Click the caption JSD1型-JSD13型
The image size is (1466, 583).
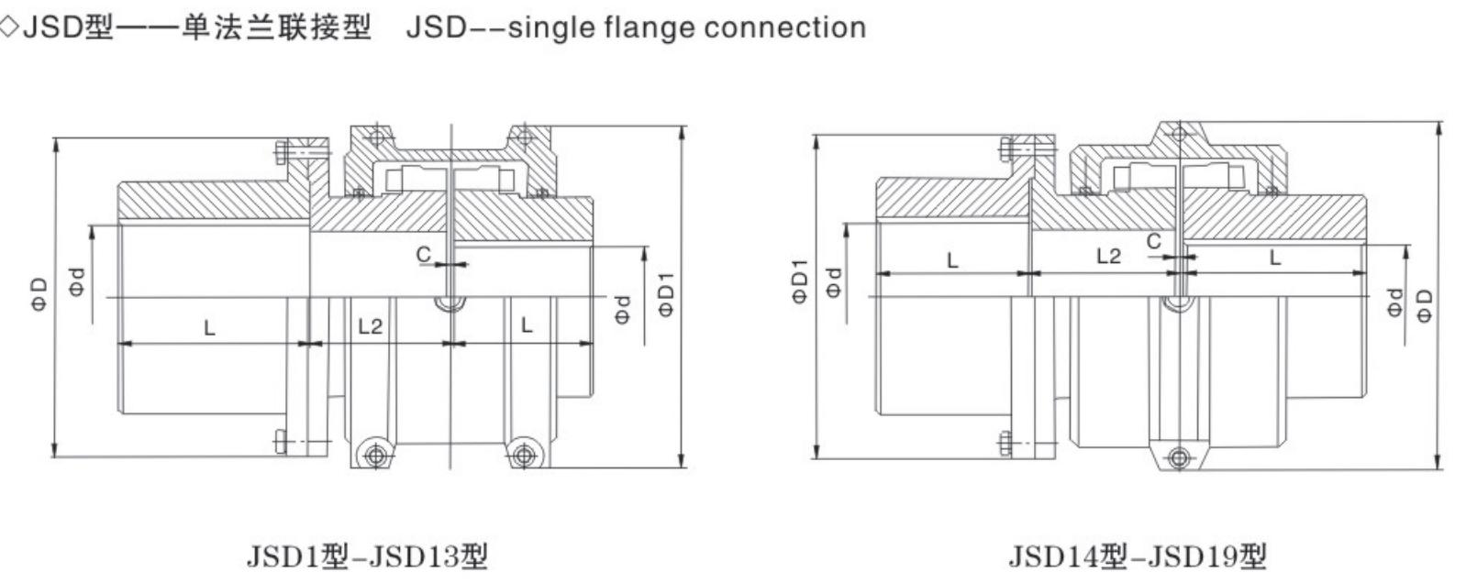(366, 555)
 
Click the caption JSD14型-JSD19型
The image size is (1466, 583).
(1137, 555)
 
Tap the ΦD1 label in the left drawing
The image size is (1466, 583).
(667, 294)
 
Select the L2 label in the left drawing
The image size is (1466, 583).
(370, 326)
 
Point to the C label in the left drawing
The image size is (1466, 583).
(424, 256)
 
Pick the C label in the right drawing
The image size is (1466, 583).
(1153, 241)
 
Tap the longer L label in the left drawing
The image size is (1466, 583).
(210, 327)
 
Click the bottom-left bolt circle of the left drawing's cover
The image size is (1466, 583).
(371, 454)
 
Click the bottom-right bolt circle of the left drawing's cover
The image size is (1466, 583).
(524, 454)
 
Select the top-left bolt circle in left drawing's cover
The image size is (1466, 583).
(374, 137)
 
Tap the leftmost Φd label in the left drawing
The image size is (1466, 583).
(79, 280)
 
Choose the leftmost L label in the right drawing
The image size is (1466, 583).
(952, 260)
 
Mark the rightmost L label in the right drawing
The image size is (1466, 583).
(1274, 258)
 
